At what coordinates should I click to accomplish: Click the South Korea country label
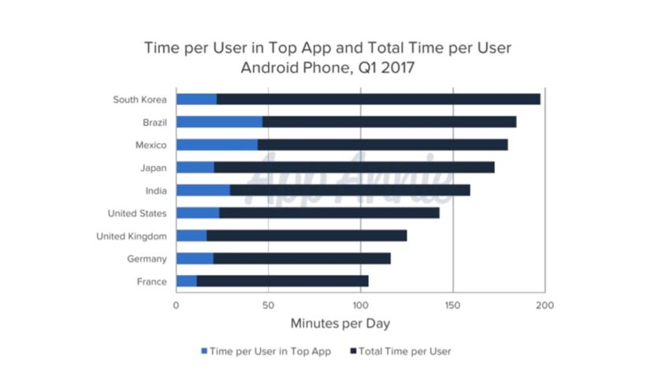coord(139,99)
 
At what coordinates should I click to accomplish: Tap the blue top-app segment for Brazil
coord(219,122)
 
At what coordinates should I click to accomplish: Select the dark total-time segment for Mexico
coord(382,145)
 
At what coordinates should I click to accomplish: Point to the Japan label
coord(153,168)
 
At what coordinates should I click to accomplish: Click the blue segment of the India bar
coord(203,190)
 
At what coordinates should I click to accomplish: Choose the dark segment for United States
coord(329,213)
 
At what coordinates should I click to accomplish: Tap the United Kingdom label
coord(131,236)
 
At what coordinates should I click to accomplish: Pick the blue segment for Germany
coord(194,259)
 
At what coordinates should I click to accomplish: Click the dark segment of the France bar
coord(282,281)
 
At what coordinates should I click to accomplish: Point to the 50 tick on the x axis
coord(268,306)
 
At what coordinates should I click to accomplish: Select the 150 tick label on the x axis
coord(452,306)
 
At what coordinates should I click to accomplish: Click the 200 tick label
coord(545,306)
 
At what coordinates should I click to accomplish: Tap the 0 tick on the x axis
coord(177,306)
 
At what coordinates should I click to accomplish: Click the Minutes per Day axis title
coord(340,323)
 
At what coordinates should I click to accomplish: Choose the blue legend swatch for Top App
coord(205,351)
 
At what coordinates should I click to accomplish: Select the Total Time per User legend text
coord(404,351)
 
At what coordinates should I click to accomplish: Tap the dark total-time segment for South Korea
coord(378,99)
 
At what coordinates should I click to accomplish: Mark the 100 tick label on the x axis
coord(360,306)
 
